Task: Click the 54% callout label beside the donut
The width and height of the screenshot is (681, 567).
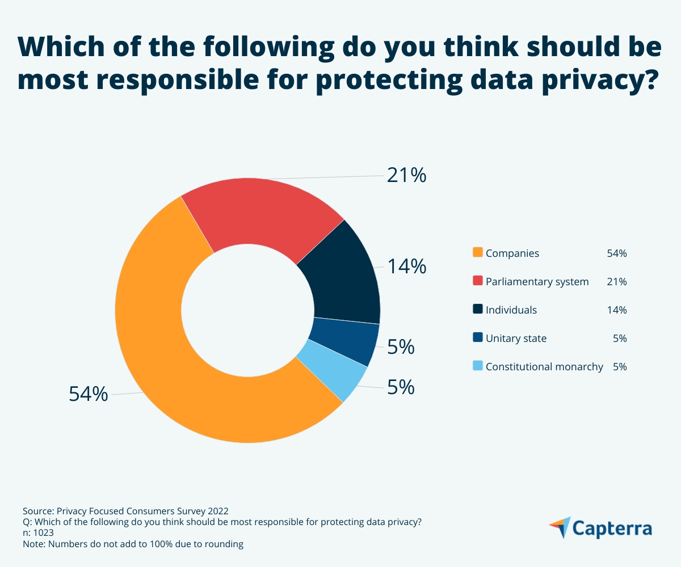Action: click(89, 393)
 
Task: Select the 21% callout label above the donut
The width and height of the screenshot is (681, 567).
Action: click(406, 176)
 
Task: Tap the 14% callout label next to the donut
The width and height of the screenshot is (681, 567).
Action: click(406, 266)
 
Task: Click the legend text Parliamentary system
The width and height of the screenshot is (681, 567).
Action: click(537, 282)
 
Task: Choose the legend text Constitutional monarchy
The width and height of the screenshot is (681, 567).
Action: click(544, 367)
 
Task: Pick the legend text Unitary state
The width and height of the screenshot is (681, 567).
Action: click(516, 338)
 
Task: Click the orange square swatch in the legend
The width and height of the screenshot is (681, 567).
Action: click(477, 253)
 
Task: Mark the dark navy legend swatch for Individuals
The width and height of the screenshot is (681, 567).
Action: click(477, 310)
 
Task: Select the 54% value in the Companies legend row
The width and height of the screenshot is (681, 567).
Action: click(616, 253)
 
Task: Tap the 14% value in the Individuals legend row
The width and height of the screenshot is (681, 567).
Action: click(616, 310)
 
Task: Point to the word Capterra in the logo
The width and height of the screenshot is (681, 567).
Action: click(612, 528)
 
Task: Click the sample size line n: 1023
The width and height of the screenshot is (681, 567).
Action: click(39, 533)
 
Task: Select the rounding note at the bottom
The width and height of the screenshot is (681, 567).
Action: click(133, 544)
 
